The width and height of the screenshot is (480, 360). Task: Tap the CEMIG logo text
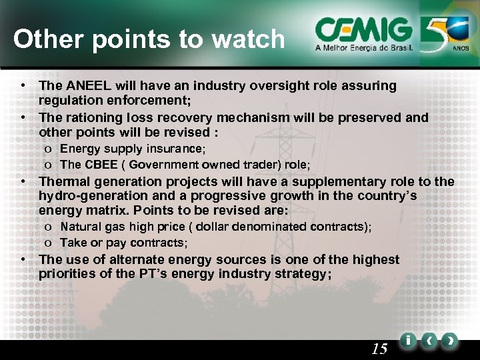[x=363, y=29]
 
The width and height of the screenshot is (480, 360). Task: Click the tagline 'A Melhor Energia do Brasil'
[x=364, y=49]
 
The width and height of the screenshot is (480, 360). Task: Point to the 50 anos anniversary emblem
[x=446, y=34]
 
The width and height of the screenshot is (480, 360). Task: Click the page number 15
[x=379, y=348]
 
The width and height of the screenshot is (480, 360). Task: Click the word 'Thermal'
[x=64, y=182]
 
